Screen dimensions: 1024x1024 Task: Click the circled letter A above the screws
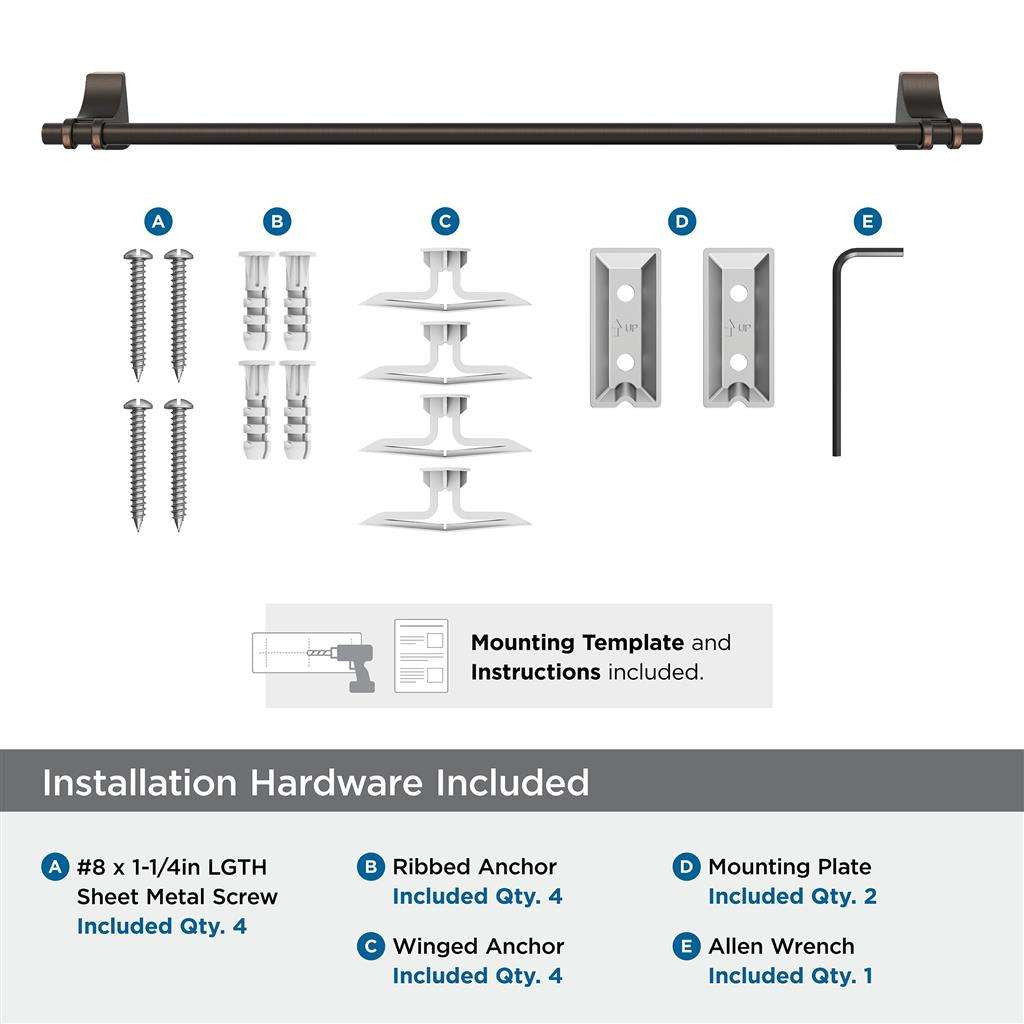tap(157, 221)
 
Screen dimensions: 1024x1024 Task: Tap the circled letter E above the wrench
tap(867, 221)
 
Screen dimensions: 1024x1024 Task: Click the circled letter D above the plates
tap(681, 221)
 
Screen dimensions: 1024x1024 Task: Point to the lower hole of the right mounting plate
tap(739, 359)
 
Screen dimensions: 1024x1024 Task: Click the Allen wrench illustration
tap(838, 350)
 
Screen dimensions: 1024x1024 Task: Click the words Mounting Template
tap(577, 643)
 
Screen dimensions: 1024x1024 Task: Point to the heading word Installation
tap(141, 782)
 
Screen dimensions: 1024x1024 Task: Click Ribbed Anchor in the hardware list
tap(474, 867)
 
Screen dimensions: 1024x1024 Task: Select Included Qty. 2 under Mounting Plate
tap(792, 897)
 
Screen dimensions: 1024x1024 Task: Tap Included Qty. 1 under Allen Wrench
tap(790, 976)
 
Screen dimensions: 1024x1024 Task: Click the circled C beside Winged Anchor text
tap(371, 946)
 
